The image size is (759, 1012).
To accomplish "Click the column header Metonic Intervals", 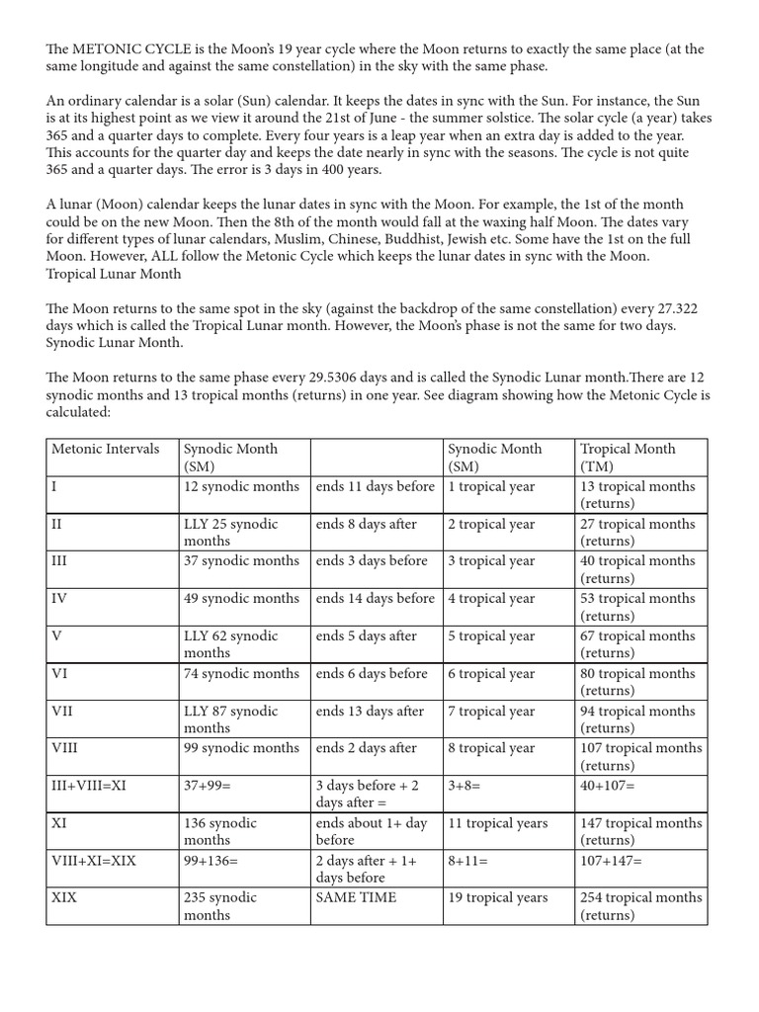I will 105,449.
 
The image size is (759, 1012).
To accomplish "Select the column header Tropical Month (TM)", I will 628,457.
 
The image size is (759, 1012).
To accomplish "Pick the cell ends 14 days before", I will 375,598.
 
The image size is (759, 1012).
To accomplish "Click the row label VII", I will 61,711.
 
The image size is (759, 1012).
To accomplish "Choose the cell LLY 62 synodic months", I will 231,643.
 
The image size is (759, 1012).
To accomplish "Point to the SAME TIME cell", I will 356,897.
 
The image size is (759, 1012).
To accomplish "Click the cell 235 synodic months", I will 219,905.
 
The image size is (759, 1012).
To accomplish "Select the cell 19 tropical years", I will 497,897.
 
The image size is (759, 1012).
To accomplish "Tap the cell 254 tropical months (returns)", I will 640,905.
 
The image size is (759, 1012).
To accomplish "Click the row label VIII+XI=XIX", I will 94,861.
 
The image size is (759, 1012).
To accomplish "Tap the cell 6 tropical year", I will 491,673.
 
